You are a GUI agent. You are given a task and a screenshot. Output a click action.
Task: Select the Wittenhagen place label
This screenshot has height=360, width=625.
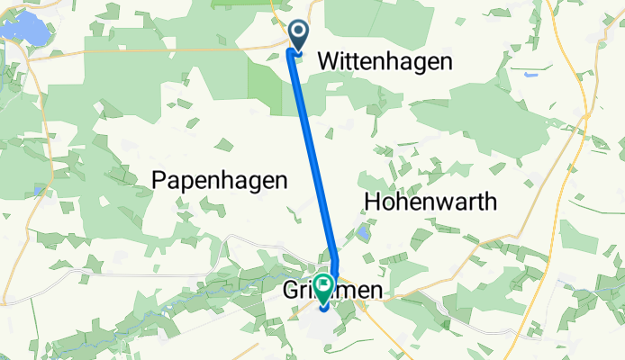pyautogui.click(x=385, y=60)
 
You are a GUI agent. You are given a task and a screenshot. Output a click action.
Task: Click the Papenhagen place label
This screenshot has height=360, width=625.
pyautogui.click(x=220, y=180)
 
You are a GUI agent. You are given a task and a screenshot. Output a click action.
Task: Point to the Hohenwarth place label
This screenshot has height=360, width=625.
pyautogui.click(x=430, y=201)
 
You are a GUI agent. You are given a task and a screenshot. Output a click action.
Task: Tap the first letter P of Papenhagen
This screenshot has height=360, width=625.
pyautogui.click(x=159, y=180)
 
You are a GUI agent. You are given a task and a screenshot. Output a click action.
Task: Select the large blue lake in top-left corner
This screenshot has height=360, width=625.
pyautogui.click(x=27, y=27)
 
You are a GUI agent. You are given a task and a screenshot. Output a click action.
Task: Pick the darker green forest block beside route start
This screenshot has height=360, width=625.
pyautogui.click(x=267, y=85)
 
